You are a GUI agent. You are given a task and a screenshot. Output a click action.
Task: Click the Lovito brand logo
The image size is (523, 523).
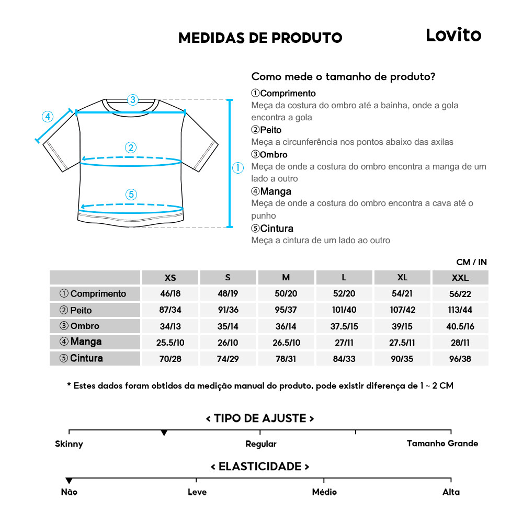[x=453, y=36]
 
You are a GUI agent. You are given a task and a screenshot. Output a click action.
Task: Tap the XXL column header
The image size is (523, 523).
[x=460, y=278]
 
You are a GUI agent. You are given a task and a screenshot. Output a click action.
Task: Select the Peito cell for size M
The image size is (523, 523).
[x=286, y=310]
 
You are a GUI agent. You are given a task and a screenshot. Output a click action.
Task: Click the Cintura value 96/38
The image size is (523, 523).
[x=460, y=359]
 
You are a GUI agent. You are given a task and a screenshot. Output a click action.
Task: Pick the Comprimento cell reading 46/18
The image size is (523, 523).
[x=170, y=293]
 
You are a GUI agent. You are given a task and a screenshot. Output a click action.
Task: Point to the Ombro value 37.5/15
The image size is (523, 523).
[x=344, y=326]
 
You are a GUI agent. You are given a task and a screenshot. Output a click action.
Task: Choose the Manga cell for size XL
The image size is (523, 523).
[x=402, y=343]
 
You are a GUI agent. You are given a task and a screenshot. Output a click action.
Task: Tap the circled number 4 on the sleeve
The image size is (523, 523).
[x=48, y=117]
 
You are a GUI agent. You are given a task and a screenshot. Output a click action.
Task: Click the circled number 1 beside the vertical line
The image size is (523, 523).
[x=238, y=168]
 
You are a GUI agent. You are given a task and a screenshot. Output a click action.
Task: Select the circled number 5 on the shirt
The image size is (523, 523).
[x=131, y=195]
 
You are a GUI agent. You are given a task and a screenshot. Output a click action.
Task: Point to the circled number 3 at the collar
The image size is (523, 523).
[x=132, y=99]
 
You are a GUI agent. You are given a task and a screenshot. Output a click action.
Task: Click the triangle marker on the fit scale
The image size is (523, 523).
[x=164, y=433]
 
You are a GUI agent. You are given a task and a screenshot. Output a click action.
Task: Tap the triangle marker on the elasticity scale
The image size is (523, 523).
[x=69, y=481]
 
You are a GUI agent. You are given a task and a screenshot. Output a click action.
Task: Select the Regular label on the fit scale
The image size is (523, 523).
[x=260, y=444]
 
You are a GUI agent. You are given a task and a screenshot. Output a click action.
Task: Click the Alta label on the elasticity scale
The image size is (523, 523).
[x=451, y=492]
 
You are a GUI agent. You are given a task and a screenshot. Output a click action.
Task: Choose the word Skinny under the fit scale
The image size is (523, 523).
[x=69, y=444]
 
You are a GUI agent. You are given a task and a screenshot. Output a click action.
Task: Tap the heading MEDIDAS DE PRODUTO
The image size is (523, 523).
[x=260, y=38]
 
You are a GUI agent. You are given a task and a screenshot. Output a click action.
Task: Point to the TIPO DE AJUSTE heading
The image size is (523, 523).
[x=260, y=418]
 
